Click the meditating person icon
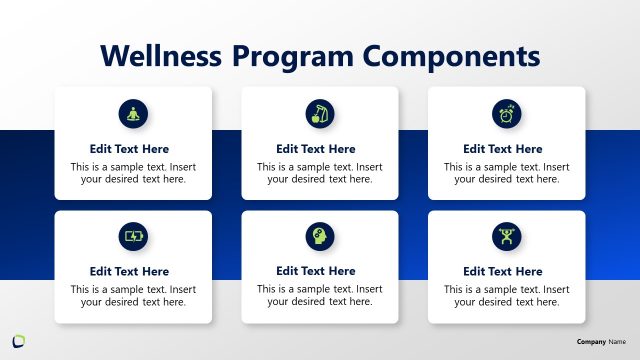(x=133, y=113)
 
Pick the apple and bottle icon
(x=320, y=113)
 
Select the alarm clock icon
(x=506, y=113)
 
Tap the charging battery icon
(x=133, y=237)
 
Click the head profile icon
(x=320, y=237)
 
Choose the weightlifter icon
(x=506, y=237)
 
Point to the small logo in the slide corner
(x=18, y=339)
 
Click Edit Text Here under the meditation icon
(x=133, y=149)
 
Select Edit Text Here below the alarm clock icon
(x=506, y=149)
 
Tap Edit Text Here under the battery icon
(x=133, y=271)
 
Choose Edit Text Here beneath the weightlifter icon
(x=506, y=271)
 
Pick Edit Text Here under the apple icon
(x=320, y=149)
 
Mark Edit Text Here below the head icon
(x=320, y=271)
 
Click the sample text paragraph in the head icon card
(x=320, y=295)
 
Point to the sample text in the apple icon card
(x=320, y=173)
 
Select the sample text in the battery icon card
(x=133, y=295)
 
